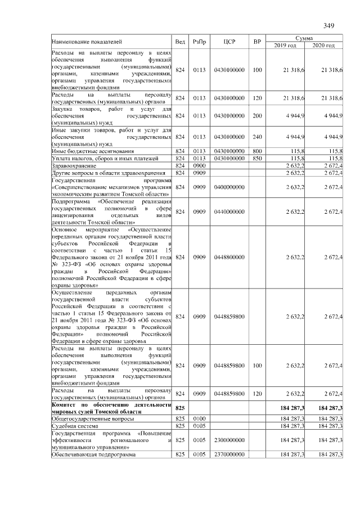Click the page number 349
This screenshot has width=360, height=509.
[x=329, y=25]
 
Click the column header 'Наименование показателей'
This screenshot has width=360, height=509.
[x=87, y=42]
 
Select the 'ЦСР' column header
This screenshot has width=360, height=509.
[x=229, y=42]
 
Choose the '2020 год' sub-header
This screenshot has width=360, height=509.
[x=323, y=46]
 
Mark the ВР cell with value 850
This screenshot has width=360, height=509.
[x=257, y=159]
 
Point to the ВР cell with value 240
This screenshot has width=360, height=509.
[x=257, y=137]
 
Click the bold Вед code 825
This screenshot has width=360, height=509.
[x=180, y=407]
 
